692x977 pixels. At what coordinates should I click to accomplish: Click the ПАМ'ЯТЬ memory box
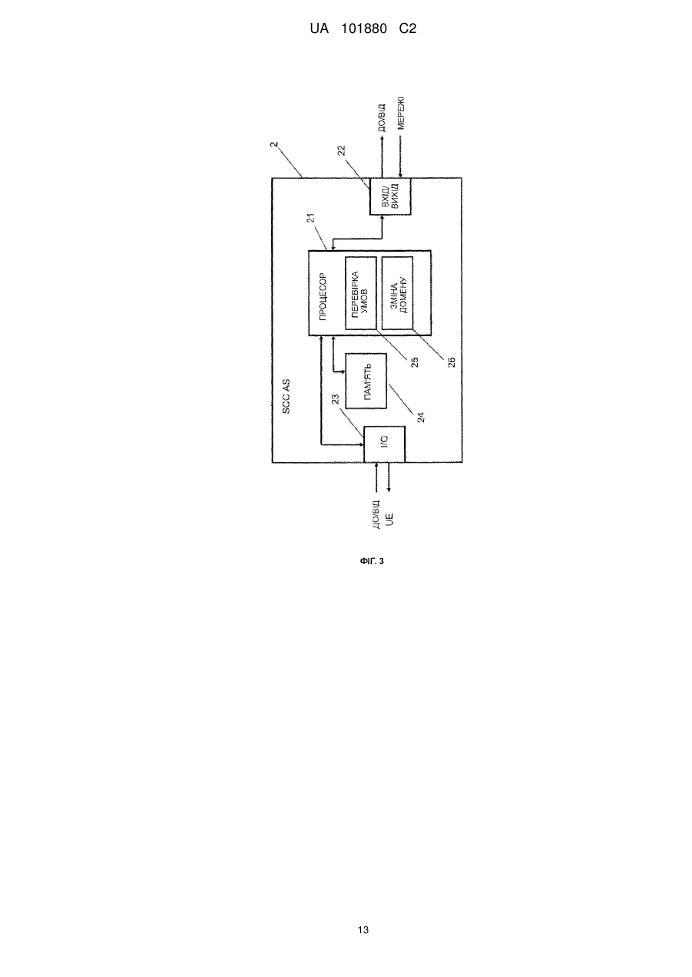click(366, 381)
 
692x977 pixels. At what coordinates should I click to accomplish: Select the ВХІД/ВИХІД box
click(390, 196)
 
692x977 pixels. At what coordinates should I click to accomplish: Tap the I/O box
click(385, 444)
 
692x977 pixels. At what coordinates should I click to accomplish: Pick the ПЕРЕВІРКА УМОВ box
click(361, 293)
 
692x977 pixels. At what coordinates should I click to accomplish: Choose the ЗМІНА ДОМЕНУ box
click(397, 293)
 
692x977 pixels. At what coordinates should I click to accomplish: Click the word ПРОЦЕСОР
click(323, 296)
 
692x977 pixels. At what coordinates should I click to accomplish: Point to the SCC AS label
click(286, 397)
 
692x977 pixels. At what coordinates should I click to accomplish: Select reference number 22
click(342, 150)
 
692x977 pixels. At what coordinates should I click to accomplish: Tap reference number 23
click(336, 400)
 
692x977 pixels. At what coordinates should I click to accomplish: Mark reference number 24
click(421, 417)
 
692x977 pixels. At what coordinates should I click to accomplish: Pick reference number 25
click(415, 362)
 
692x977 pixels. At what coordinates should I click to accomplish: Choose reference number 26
click(452, 362)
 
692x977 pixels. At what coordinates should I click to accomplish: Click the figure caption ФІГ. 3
click(372, 561)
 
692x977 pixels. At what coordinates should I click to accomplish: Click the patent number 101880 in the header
click(364, 29)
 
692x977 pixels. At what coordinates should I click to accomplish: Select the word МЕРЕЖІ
click(401, 113)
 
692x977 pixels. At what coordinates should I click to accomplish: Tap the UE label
click(390, 520)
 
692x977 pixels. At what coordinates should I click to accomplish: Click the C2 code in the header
click(408, 29)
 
